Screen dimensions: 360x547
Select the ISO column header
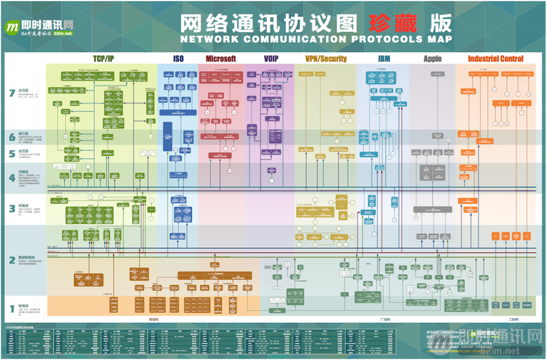click(178, 58)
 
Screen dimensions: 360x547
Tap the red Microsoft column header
click(220, 58)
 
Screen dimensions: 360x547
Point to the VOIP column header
click(271, 58)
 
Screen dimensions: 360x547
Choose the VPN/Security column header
click(326, 58)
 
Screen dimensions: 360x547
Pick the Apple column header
click(432, 58)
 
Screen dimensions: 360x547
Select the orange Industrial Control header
click(495, 58)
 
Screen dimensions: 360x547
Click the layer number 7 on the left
click(11, 92)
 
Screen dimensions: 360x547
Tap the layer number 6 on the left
click(11, 136)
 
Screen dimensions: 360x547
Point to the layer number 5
click(11, 153)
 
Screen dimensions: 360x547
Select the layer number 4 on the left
click(11, 177)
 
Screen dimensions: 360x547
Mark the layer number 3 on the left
click(11, 208)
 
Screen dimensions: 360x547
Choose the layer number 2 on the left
click(11, 260)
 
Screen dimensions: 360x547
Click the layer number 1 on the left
click(11, 309)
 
